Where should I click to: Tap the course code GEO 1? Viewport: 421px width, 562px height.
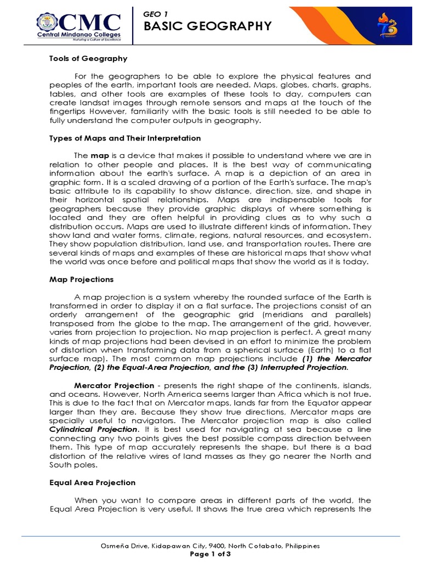click(153, 12)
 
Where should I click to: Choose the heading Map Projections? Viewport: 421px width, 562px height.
click(81, 279)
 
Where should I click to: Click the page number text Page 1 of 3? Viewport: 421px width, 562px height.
click(210, 554)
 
